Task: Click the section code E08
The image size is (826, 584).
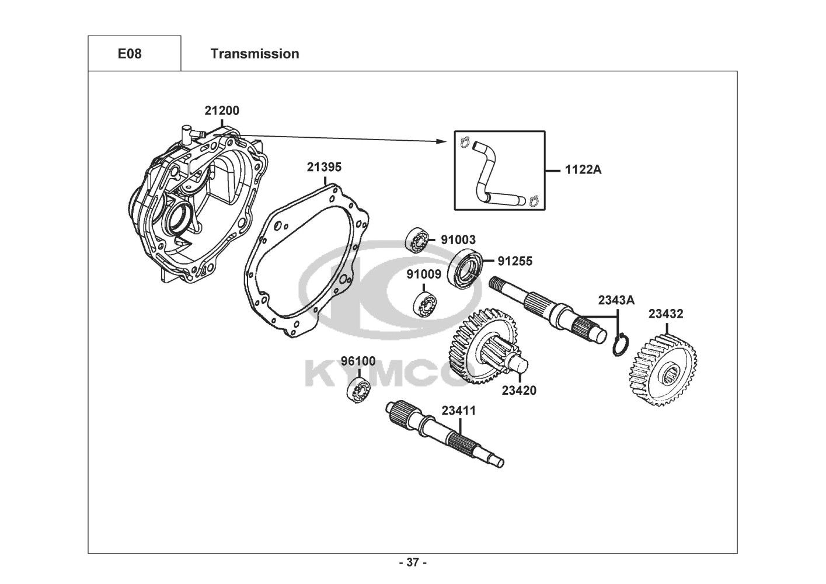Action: (130, 54)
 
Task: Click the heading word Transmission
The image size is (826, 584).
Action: (255, 54)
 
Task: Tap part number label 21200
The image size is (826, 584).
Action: (222, 110)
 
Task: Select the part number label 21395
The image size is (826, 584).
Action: (325, 167)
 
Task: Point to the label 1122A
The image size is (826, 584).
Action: (583, 170)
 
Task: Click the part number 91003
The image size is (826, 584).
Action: (458, 240)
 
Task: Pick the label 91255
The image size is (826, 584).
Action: (515, 261)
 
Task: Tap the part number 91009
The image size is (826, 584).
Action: (424, 274)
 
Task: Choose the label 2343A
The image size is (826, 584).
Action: (616, 300)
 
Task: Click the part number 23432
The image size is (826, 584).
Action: (666, 314)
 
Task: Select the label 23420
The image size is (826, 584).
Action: (519, 390)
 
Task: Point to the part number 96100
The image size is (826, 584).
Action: (358, 361)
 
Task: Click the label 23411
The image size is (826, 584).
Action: (459, 411)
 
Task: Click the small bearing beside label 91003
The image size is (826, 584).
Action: (417, 241)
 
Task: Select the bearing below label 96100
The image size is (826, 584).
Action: (358, 390)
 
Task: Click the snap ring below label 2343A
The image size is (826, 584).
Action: (620, 345)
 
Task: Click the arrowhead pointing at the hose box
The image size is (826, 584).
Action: (441, 141)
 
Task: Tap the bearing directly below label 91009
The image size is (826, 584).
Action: (425, 305)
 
